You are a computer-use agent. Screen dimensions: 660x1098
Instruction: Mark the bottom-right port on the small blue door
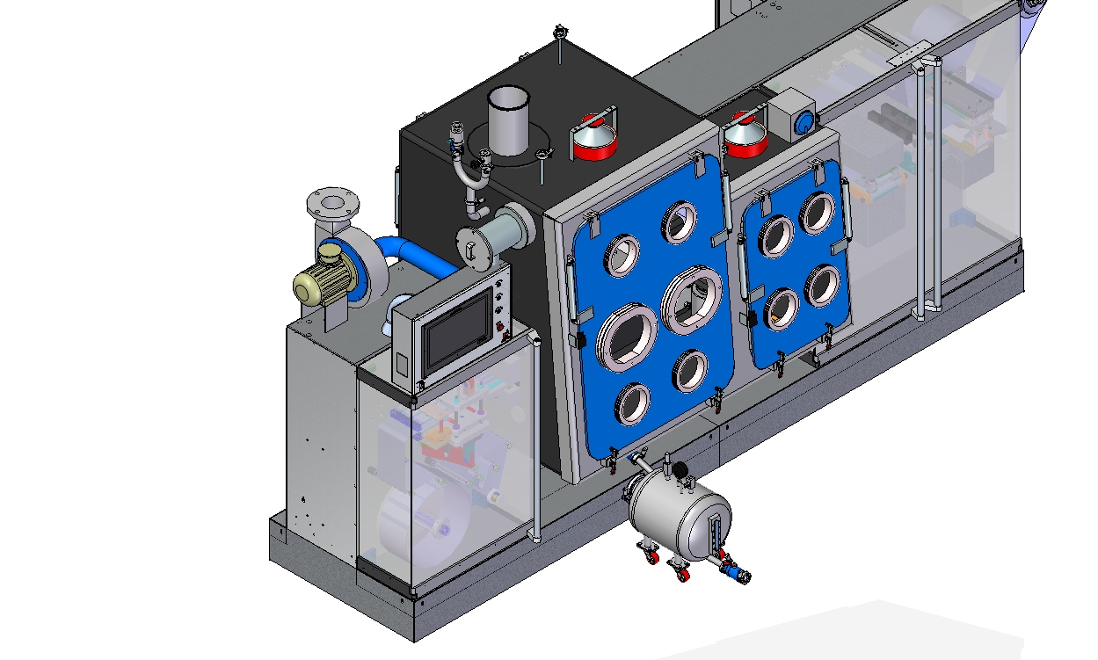[822, 285]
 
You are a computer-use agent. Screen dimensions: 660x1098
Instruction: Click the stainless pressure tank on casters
[676, 519]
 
